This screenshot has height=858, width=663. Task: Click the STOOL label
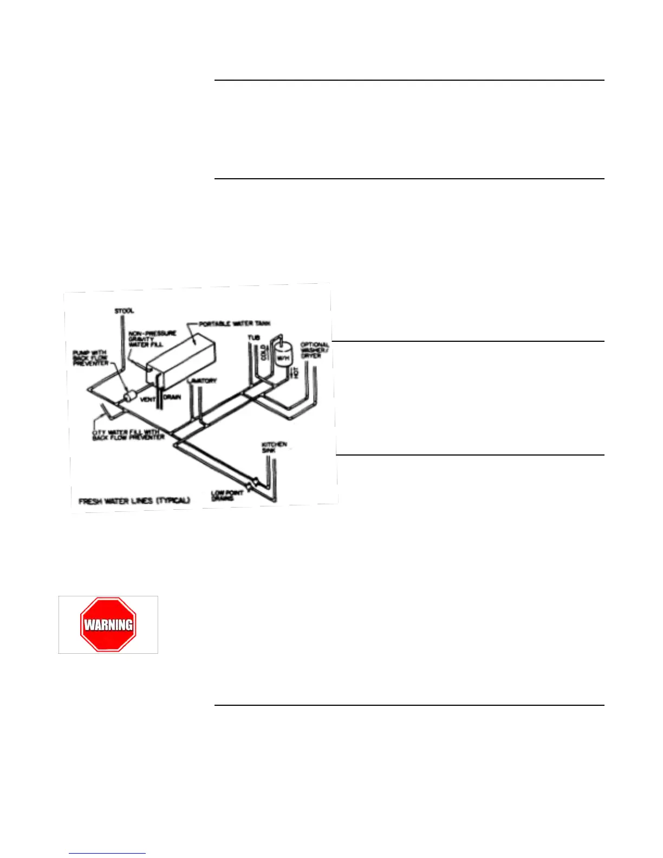coord(124,311)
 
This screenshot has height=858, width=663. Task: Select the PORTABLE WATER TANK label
coord(235,324)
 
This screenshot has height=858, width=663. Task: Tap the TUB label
coord(253,338)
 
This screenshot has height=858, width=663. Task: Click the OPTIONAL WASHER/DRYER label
coord(315,350)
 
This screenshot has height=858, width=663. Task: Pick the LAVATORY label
coord(201,381)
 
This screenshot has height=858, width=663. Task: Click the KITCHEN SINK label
coord(274,447)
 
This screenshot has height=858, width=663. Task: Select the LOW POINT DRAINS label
coord(227,495)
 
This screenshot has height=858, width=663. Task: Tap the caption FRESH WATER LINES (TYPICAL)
coord(134,500)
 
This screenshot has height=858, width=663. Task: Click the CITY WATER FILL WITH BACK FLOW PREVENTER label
coord(128,434)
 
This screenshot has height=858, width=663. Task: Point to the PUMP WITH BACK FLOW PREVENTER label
coord(91,358)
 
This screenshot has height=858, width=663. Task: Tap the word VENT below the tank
coord(148,399)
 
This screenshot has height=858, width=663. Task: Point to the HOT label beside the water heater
coord(296,372)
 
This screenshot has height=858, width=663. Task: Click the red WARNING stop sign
coord(108,625)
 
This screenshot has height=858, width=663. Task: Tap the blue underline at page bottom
coord(107,853)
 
